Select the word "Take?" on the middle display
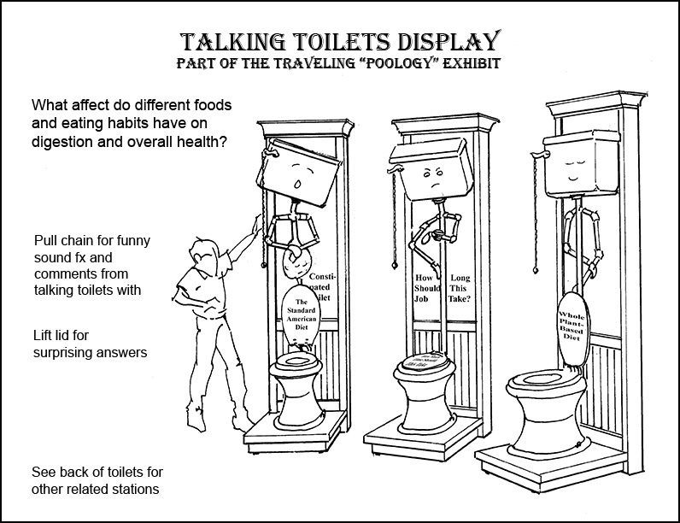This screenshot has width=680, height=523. point(462,300)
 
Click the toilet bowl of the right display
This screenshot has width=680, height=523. point(542,402)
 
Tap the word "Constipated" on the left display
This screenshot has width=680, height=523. point(327,283)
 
